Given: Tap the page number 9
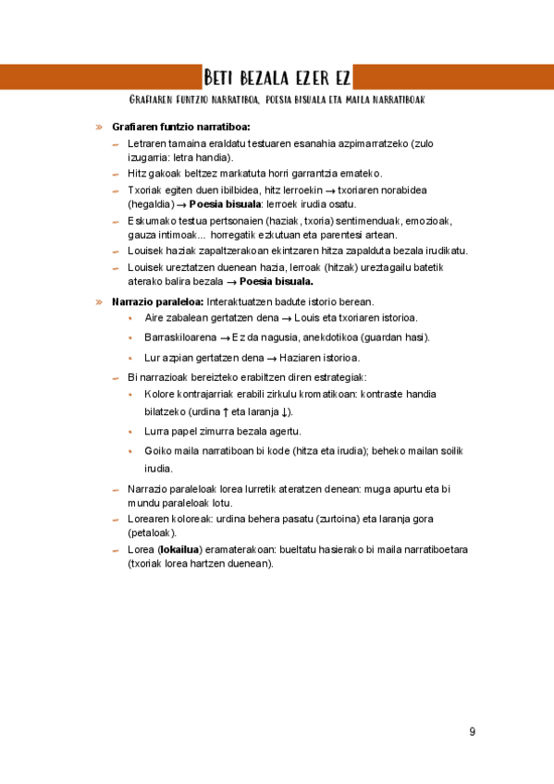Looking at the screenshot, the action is pyautogui.click(x=473, y=731).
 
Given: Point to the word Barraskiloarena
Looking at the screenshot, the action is pyautogui.click(x=177, y=337).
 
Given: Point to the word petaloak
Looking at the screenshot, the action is pyautogui.click(x=152, y=533).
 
